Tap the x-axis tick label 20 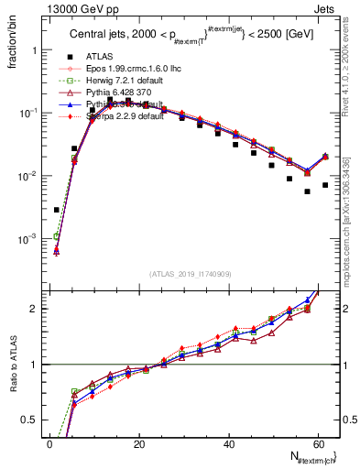[x=139, y=443]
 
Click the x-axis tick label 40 [x=228, y=443]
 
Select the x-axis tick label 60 [x=317, y=443]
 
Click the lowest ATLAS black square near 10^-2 [x=308, y=191]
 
